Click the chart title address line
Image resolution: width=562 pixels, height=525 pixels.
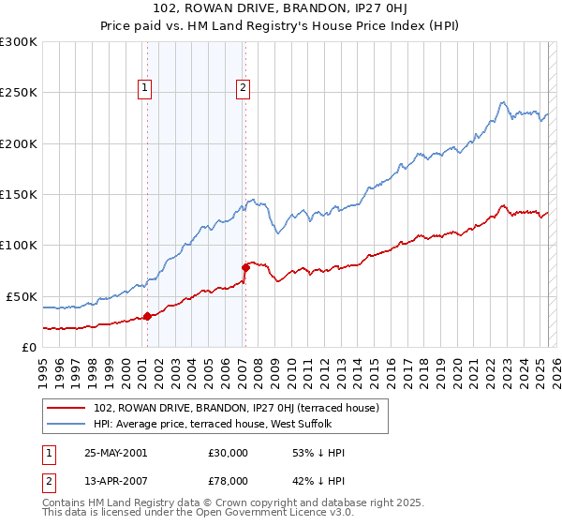pyautogui.click(x=281, y=10)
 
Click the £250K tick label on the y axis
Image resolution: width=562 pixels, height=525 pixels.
pyautogui.click(x=18, y=93)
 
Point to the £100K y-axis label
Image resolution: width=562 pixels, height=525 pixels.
pyautogui.click(x=18, y=245)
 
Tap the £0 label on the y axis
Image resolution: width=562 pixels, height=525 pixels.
pyautogui.click(x=29, y=347)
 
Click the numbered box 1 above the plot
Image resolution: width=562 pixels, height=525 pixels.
pyautogui.click(x=146, y=89)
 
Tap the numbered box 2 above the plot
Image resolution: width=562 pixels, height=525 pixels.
pyautogui.click(x=243, y=89)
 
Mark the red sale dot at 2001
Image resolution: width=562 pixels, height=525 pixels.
pyautogui.click(x=147, y=317)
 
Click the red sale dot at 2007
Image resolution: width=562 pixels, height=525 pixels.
pyautogui.click(x=245, y=267)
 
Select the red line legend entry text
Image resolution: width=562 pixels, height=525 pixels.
pyautogui.click(x=236, y=408)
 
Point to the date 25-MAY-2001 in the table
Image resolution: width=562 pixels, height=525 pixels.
pyautogui.click(x=115, y=453)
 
